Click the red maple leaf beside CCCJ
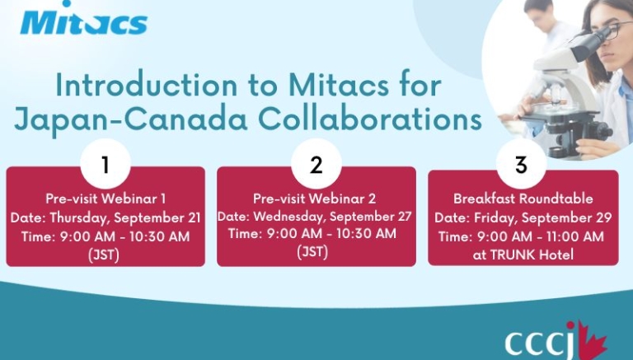click(593, 341)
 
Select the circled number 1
click(105, 165)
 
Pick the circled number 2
click(316, 164)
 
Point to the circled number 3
click(521, 164)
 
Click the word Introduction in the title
click(147, 85)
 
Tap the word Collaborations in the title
click(370, 119)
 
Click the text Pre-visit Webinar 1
click(105, 199)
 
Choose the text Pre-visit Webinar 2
click(315, 199)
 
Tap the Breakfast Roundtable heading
click(523, 199)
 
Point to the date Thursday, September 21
click(125, 218)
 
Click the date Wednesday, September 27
click(333, 217)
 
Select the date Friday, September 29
click(543, 218)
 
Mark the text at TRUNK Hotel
click(523, 255)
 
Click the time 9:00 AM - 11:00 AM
click(541, 236)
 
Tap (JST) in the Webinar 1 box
click(104, 255)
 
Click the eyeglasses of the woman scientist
click(612, 30)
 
